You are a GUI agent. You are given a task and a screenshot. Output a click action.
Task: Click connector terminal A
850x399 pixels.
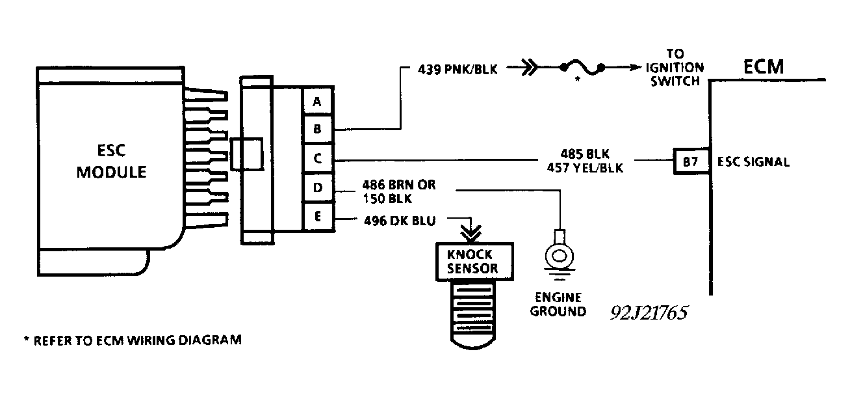[317, 102]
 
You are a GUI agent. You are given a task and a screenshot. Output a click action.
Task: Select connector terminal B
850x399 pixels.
[317, 130]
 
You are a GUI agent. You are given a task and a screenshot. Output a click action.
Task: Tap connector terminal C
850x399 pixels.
[317, 158]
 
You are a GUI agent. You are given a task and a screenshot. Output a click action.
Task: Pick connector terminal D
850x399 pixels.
[317, 188]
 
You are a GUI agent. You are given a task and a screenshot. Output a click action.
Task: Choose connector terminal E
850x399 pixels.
[317, 217]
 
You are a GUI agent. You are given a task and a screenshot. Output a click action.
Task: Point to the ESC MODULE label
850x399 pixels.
[111, 163]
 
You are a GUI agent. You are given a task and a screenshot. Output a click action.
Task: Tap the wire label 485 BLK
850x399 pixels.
[583, 154]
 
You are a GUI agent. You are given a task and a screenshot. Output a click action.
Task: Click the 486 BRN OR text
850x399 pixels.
[398, 186]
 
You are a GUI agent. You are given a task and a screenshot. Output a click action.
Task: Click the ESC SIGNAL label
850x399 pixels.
[753, 162]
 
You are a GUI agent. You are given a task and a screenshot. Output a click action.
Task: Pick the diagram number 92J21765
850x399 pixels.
[649, 312]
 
